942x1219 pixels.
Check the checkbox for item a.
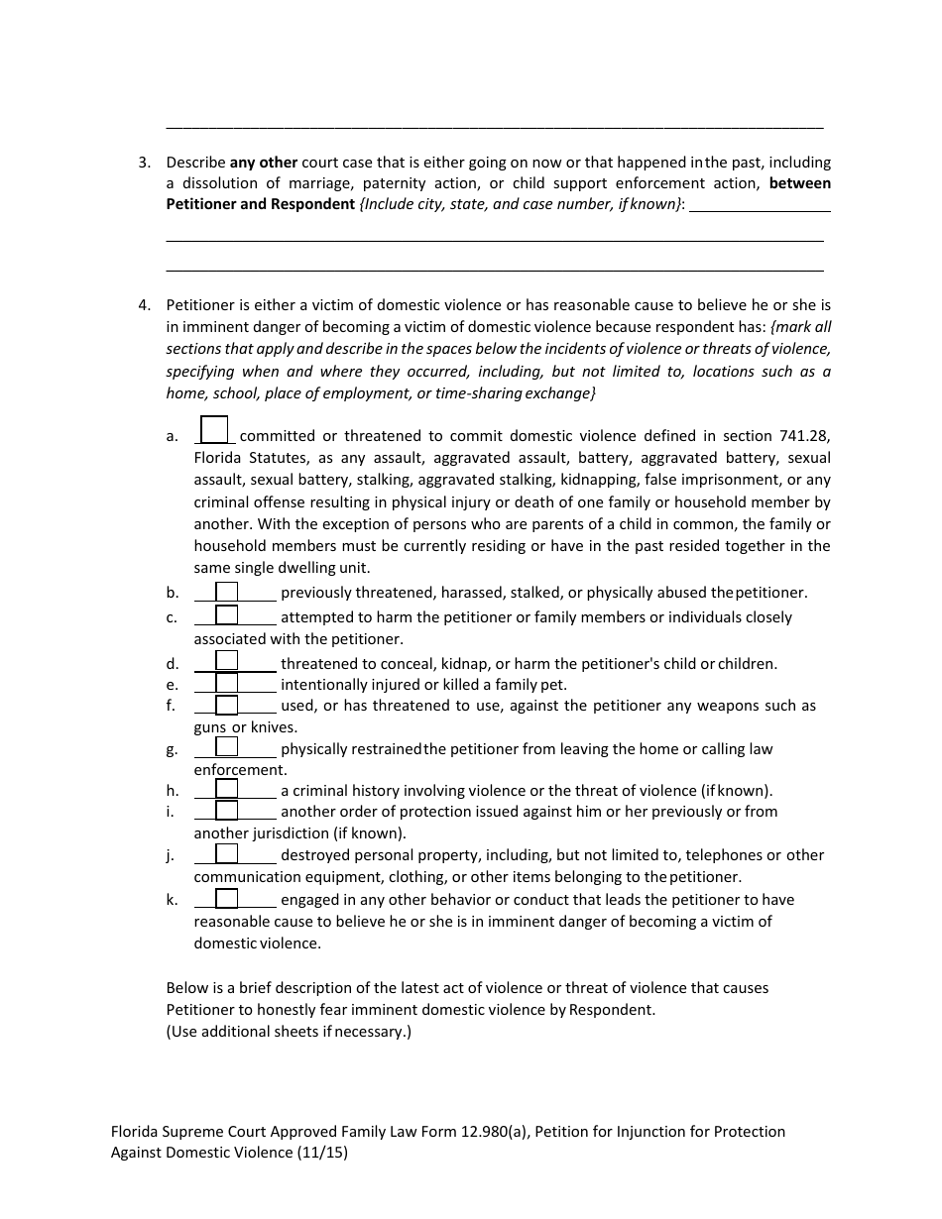click(214, 430)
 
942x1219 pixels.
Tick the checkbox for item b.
click(227, 593)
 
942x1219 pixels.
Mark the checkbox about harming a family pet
click(227, 684)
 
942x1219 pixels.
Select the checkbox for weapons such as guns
click(227, 706)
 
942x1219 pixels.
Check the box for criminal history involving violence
click(227, 790)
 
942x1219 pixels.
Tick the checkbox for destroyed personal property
click(227, 854)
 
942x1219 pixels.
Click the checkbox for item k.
click(227, 899)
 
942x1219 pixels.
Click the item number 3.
click(144, 163)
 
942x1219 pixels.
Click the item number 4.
click(144, 305)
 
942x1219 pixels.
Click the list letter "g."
click(173, 749)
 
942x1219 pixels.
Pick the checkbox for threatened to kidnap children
click(227, 661)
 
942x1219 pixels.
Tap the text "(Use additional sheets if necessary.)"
click(289, 1032)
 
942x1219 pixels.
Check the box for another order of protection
click(227, 811)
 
